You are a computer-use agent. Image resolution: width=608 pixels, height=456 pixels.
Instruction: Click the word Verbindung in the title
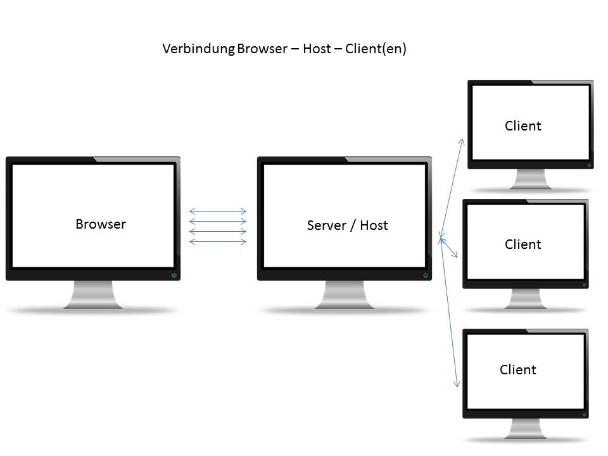198,49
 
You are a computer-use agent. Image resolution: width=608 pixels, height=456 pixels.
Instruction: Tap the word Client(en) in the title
376,49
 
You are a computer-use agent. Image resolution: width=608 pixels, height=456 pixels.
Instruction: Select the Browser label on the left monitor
101,224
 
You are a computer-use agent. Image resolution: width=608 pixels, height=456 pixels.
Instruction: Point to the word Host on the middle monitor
374,225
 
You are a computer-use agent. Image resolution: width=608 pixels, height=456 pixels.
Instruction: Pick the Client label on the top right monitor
523,125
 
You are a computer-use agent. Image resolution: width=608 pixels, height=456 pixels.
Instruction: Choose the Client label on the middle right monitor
523,244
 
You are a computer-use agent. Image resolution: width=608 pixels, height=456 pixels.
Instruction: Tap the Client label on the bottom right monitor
518,369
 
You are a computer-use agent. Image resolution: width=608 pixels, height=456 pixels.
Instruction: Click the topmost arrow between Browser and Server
218,211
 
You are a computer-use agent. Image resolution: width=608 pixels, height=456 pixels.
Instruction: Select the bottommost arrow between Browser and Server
218,241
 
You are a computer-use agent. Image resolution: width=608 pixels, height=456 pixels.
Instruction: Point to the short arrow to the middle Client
449,248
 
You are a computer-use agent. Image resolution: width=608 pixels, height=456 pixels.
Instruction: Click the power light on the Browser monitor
174,275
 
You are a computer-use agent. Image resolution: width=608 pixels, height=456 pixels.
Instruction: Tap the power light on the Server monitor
425,275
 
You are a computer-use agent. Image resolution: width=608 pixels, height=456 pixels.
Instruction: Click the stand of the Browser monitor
93,294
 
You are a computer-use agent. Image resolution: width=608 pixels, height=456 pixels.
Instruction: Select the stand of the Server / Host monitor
345,294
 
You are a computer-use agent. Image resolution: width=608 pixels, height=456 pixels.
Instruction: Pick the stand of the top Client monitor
531,179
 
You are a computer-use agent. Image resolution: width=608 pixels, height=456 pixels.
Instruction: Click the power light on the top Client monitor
589,165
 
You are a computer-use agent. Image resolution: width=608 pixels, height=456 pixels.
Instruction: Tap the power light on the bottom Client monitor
585,414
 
